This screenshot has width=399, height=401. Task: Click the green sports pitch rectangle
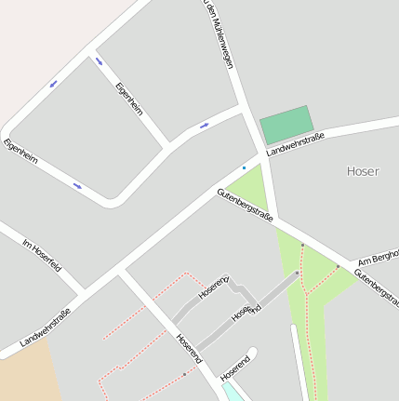pos(286,124)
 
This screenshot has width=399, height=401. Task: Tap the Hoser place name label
pos(362,170)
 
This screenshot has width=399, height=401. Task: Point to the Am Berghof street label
pos(378,258)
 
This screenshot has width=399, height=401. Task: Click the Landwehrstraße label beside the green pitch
pos(295,144)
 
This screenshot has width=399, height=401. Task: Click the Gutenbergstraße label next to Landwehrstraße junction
pos(245,205)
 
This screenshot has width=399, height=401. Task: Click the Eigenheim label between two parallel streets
pos(129,100)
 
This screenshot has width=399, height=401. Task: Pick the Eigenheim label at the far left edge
pos(20,152)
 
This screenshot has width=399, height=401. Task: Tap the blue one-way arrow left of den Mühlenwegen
pos(204,125)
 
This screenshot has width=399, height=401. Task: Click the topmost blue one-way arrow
pos(99,60)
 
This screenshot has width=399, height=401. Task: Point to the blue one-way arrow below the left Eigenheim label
pos(77,185)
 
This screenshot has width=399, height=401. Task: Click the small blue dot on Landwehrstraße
pos(244,167)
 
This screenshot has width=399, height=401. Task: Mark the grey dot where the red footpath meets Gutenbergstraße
pos(302,246)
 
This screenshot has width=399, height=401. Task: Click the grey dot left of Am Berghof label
pos(338,268)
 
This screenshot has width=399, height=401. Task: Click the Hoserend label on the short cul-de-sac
pos(235,366)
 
